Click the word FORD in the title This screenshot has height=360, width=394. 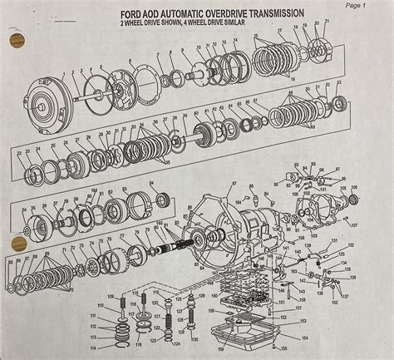point(134,14)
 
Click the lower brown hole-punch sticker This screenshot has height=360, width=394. point(17,244)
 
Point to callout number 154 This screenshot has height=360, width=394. point(304,338)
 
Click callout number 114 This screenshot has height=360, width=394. point(103,348)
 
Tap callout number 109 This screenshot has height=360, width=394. point(110,298)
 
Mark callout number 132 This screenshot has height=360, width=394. point(351,245)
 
